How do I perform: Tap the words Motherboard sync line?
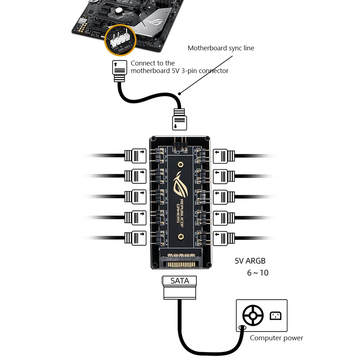coord(220,48)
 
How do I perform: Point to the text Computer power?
coord(276,338)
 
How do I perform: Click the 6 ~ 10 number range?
coord(258,273)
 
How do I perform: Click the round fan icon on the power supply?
coord(253,315)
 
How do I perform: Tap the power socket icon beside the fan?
coord(275,316)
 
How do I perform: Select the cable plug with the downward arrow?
coord(179,120)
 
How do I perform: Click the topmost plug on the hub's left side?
coord(136,156)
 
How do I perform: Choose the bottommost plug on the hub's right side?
coord(224,238)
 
